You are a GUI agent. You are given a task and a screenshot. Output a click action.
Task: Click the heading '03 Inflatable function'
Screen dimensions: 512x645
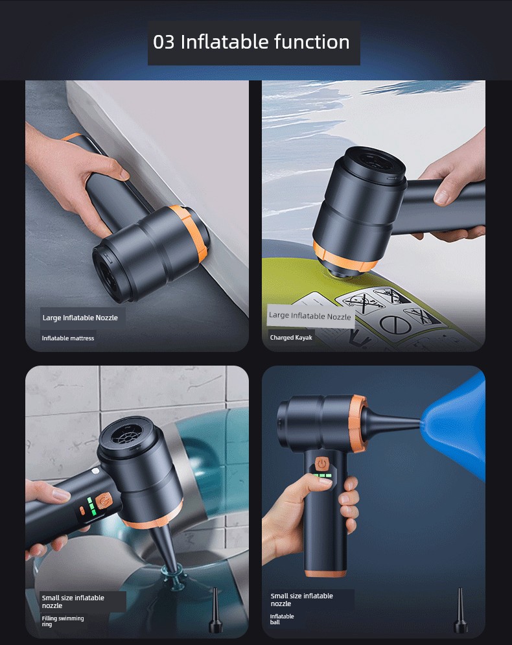251,42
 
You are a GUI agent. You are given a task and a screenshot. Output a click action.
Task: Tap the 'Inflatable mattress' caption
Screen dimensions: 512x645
68,338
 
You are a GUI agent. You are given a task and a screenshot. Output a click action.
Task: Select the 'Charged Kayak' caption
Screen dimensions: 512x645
291,337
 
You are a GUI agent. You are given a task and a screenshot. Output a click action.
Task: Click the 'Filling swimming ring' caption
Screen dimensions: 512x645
62,621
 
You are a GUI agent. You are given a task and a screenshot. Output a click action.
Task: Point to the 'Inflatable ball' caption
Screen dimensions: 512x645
282,619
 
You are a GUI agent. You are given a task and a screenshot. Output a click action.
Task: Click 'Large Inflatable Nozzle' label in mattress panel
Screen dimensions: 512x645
80,318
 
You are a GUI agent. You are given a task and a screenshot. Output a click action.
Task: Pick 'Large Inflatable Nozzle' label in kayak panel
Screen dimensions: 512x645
310,316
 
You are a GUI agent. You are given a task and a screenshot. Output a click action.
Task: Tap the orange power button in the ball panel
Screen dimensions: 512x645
321,463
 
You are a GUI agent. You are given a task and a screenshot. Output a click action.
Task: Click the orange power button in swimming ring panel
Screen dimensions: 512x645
104,501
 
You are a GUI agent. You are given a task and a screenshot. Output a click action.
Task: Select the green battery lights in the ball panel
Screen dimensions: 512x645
323,476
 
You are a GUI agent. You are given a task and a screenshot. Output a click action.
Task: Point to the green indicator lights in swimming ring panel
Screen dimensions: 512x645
91,506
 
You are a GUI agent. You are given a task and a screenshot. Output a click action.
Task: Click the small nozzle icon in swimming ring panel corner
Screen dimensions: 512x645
215,611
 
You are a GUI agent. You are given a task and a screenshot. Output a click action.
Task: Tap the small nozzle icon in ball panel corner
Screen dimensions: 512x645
460,611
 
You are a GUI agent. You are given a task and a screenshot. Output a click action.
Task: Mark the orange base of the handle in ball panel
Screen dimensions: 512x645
326,573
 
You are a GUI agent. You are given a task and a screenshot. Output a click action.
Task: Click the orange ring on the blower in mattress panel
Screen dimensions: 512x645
190,233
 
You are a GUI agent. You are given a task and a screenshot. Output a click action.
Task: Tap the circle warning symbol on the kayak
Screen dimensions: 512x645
395,324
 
